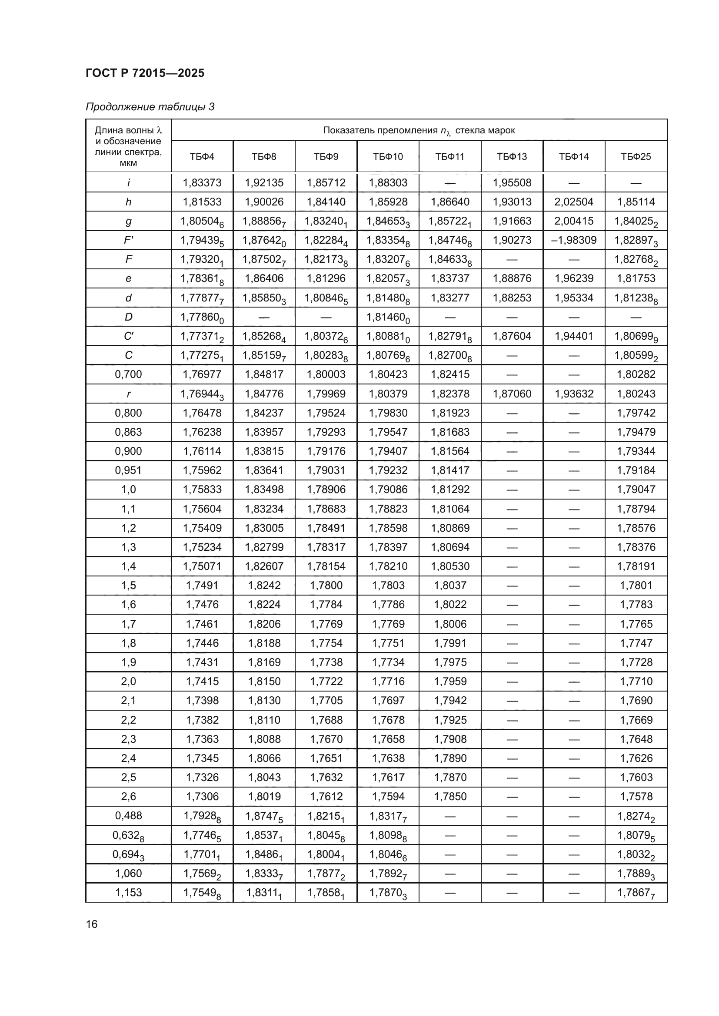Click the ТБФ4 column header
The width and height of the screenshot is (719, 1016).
tap(202, 157)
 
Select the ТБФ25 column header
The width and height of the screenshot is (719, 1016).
tap(636, 157)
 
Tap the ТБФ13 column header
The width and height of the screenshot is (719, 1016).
tap(512, 157)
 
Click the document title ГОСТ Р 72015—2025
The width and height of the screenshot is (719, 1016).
tap(145, 73)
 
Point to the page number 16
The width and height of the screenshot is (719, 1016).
tap(92, 924)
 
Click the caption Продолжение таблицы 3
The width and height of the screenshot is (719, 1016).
tap(150, 107)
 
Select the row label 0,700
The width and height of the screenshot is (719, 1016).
tap(128, 374)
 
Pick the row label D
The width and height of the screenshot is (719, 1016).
tap(128, 317)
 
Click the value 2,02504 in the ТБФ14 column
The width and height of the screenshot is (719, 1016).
tap(574, 202)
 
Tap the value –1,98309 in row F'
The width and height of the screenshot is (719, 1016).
tap(574, 240)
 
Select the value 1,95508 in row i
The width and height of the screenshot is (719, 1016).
tap(512, 183)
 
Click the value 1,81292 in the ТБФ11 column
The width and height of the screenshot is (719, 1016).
tap(450, 490)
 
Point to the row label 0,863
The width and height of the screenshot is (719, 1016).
tap(128, 432)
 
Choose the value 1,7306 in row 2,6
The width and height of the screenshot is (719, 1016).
tap(202, 796)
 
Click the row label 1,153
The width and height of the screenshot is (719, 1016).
tap(128, 892)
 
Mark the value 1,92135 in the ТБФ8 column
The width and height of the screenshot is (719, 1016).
tap(264, 183)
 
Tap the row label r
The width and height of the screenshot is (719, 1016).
tap(128, 394)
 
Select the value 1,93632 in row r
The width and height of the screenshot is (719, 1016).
tap(574, 394)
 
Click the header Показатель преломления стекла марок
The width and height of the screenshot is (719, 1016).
tap(419, 131)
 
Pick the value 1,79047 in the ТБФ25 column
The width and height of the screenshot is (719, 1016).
tap(636, 490)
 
